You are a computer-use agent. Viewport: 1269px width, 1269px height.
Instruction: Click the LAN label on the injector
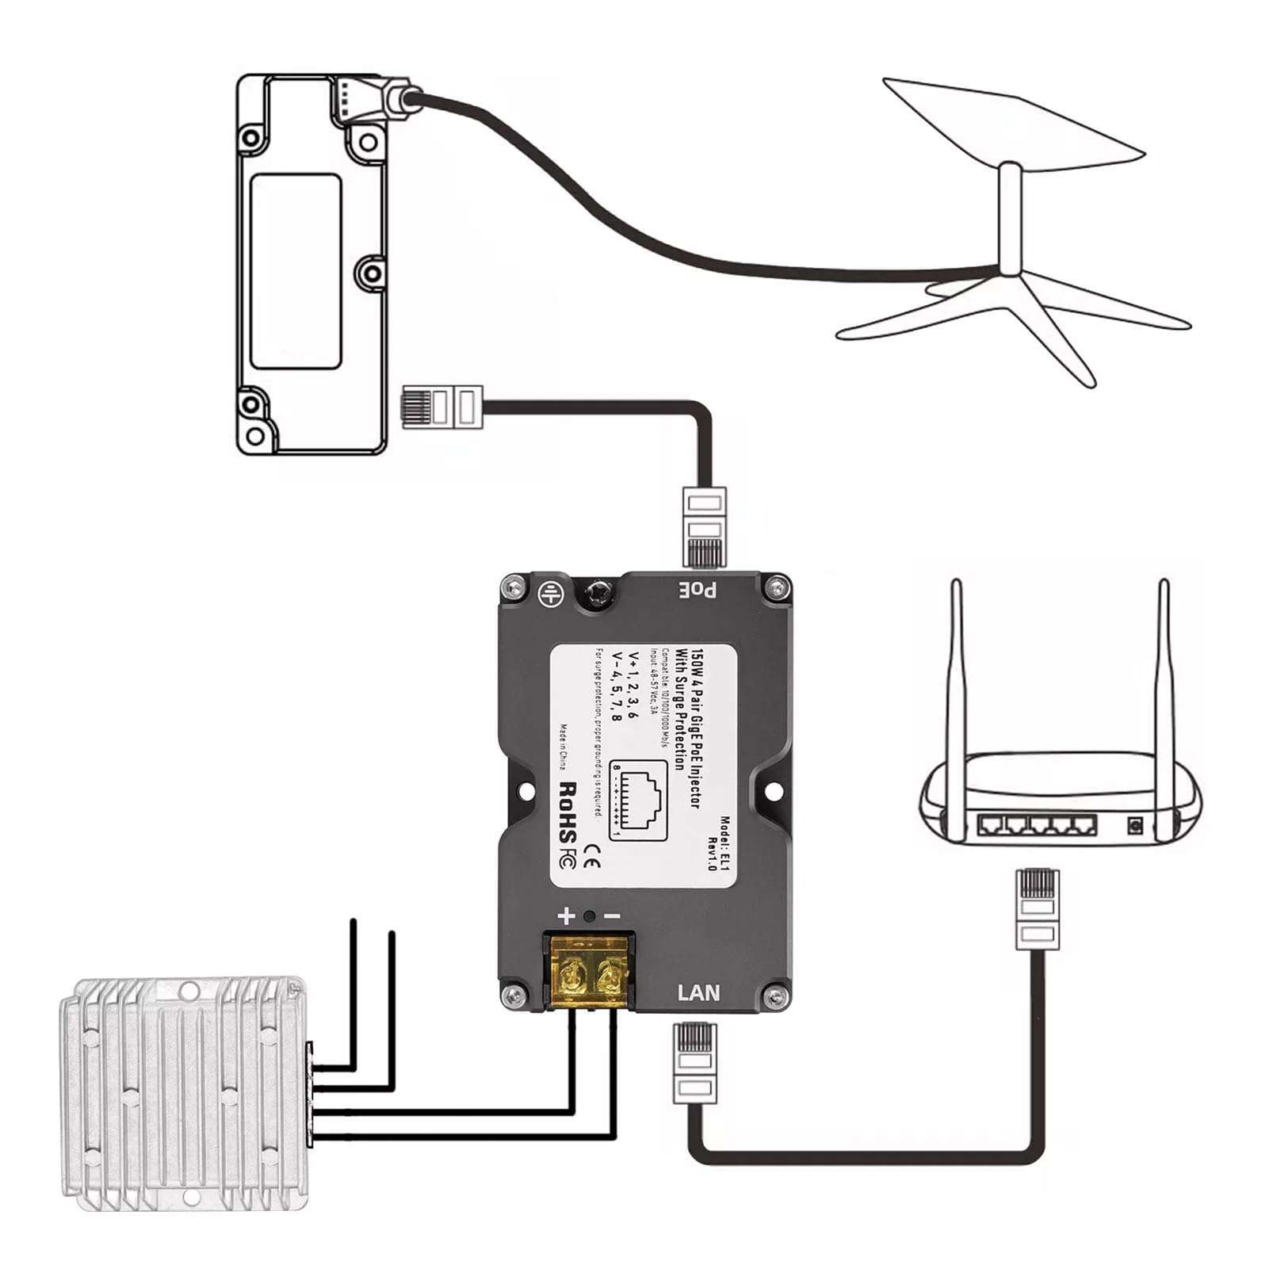[x=698, y=992]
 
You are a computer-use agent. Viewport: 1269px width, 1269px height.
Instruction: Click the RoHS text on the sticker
[x=568, y=812]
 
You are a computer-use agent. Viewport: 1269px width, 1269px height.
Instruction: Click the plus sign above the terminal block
[x=565, y=916]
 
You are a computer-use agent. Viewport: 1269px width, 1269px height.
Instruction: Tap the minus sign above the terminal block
[x=613, y=916]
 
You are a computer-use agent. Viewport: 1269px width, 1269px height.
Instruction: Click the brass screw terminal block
[x=587, y=972]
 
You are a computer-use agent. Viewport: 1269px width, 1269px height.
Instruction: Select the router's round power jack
[x=1135, y=826]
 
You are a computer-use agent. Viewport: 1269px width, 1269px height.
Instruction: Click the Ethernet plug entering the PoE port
[x=704, y=526]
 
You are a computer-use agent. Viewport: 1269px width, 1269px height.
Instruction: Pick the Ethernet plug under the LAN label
[x=694, y=1063]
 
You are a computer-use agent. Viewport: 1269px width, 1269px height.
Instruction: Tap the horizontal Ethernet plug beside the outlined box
[x=441, y=407]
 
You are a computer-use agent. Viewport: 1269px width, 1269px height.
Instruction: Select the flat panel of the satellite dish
[x=1015, y=120]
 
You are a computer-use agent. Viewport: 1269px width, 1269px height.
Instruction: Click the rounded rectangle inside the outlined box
[x=296, y=271]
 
